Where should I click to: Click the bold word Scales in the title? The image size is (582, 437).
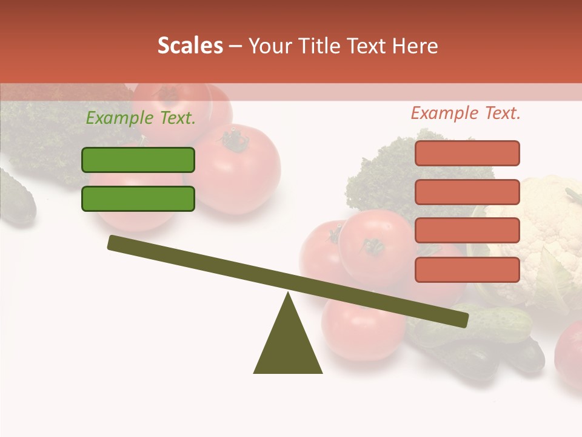(190, 46)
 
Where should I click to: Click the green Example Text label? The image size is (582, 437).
(141, 118)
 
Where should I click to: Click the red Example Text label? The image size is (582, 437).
(466, 113)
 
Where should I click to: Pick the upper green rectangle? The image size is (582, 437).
(138, 160)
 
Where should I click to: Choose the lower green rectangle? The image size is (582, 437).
(138, 198)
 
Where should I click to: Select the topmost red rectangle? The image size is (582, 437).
(467, 153)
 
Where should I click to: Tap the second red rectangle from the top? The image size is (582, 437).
(467, 192)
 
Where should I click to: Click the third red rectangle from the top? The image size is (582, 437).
(467, 231)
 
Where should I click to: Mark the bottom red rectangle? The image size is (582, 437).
(467, 269)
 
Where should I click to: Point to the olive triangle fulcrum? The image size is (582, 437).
(288, 343)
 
